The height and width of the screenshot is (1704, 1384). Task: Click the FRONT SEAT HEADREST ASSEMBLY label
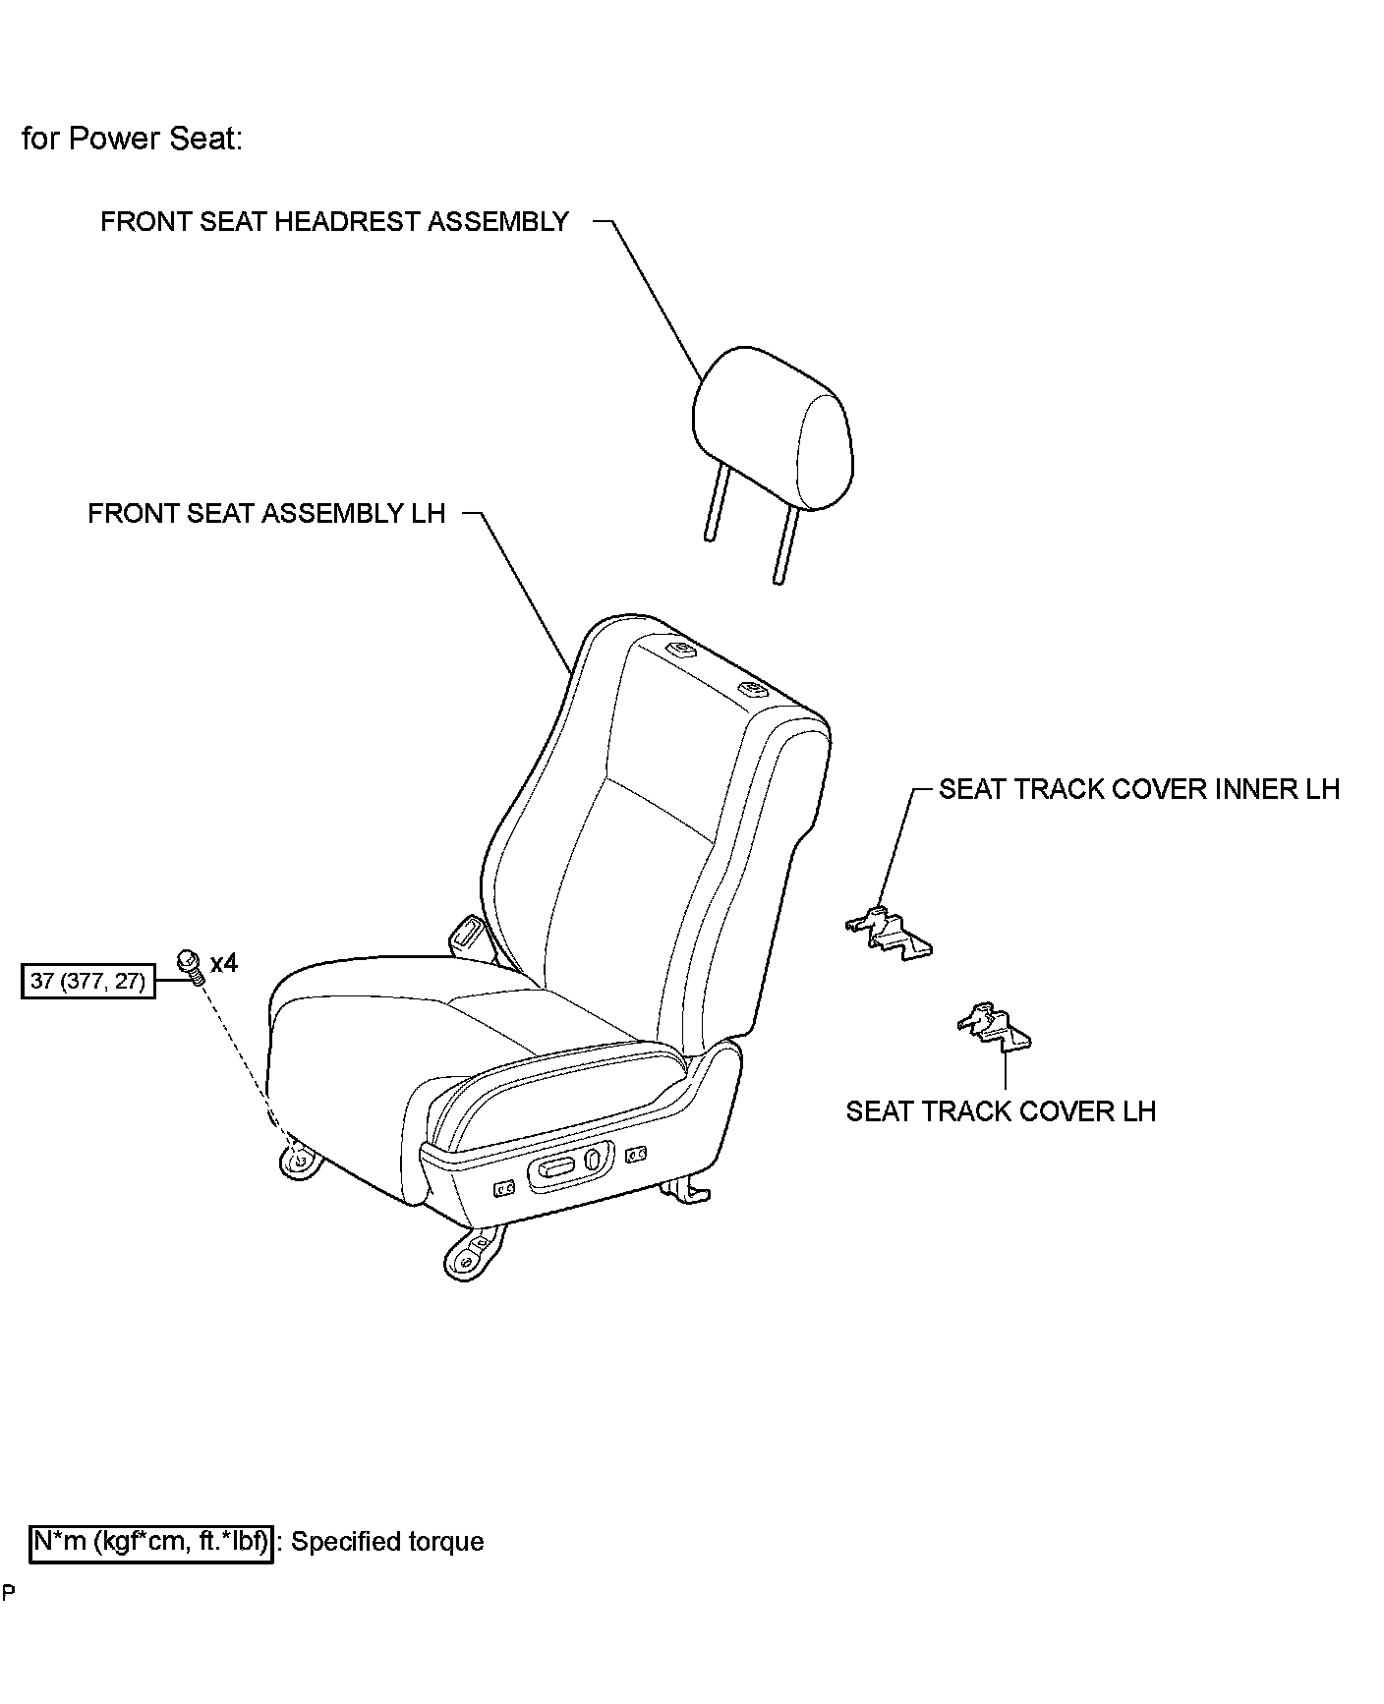(334, 222)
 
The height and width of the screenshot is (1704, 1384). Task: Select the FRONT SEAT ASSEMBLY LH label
(266, 514)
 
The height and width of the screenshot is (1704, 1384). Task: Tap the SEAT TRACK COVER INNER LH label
(1138, 790)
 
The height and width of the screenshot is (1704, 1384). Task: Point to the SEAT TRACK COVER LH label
(1001, 1111)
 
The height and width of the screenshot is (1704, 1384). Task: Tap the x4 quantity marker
(224, 963)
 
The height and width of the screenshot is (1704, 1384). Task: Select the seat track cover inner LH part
(889, 930)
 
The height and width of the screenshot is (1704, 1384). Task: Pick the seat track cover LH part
(994, 1026)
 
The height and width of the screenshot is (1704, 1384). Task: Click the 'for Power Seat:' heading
(132, 139)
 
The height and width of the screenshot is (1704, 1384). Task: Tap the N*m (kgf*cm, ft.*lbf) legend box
(151, 1542)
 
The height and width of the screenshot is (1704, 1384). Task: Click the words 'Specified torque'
(387, 1542)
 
